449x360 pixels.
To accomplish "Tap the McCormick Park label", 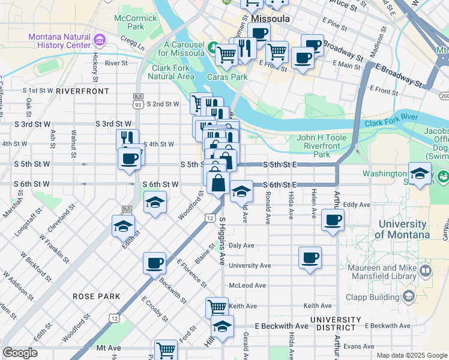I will [139, 22].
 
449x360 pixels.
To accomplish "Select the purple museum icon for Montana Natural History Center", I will [100, 40].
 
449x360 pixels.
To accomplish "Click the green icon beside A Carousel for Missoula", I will [212, 47].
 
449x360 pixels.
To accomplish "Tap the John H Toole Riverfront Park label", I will [321, 146].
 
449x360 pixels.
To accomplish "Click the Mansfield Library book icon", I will [426, 271].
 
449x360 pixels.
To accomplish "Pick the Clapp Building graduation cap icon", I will [409, 296].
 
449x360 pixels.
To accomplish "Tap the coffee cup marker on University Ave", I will [310, 258].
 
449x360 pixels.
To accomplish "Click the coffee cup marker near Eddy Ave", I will [333, 219].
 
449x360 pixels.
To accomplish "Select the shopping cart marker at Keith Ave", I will [217, 308].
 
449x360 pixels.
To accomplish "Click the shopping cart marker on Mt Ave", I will [166, 350].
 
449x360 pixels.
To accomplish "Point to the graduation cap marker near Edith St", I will [123, 226].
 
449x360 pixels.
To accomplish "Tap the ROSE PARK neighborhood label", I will [96, 296].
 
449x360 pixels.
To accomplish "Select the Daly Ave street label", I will [242, 245].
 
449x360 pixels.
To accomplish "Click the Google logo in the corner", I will [20, 353].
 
